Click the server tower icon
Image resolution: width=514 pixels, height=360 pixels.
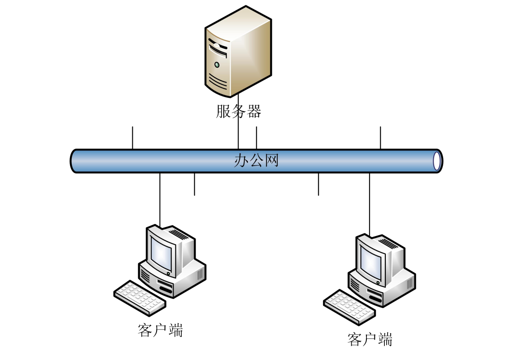point(238,52)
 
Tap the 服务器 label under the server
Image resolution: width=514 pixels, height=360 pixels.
point(238,111)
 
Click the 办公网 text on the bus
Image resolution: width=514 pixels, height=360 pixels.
point(256,160)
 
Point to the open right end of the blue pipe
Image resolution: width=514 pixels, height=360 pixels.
point(437,161)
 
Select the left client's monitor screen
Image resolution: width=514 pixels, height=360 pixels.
point(161,251)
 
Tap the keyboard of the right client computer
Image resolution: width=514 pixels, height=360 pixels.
point(349,307)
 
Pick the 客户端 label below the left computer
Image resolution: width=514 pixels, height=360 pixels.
point(160,330)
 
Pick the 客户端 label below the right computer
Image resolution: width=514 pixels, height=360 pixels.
point(370,339)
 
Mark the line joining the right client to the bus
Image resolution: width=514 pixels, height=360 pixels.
point(370,202)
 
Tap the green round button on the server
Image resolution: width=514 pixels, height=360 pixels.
point(217,65)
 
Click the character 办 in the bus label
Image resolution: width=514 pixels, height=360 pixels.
point(241,160)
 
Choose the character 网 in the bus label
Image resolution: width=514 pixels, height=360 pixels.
point(271,160)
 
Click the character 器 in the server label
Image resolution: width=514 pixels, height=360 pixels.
point(254,111)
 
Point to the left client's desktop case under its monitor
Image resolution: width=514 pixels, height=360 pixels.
point(173,280)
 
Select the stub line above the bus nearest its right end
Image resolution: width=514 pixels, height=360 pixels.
point(380,137)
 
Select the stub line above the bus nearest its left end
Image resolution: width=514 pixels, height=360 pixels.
point(133,137)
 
